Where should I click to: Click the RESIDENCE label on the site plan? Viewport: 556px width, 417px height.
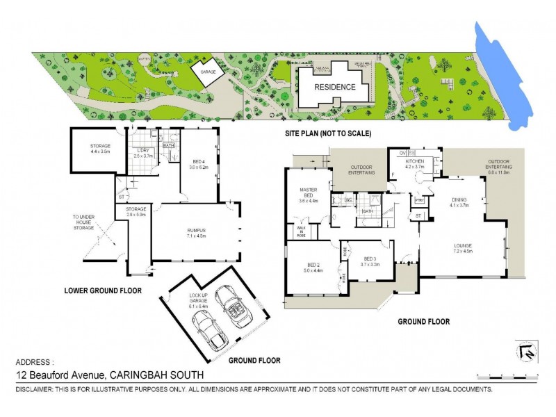334,88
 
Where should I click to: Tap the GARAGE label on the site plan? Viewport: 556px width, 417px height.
207,72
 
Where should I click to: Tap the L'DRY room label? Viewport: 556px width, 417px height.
143,154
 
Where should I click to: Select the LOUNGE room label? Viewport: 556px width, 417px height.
463,247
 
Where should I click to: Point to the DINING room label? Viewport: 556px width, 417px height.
459,202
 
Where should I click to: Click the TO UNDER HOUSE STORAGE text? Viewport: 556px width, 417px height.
83,222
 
